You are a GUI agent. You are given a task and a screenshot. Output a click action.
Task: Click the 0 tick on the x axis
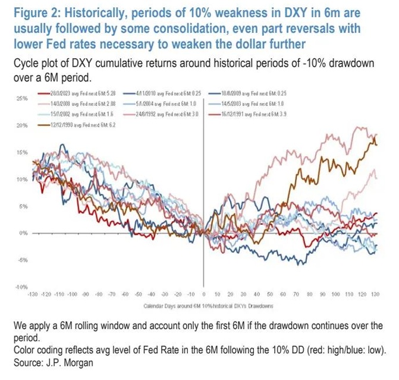(204, 294)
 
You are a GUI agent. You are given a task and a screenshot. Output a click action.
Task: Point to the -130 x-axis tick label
(33, 294)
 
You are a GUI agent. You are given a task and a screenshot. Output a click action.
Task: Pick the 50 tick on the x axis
(269, 294)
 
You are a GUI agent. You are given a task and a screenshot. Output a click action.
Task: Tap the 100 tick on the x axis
(334, 294)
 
